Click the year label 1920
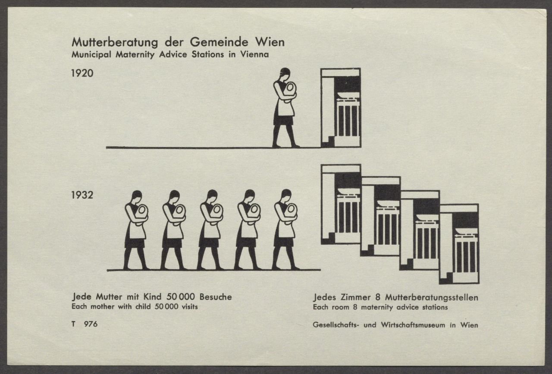coord(82,73)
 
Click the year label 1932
coord(82,195)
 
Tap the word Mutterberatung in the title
coord(115,42)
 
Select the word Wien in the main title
coord(270,42)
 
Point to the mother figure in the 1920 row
coord(285,108)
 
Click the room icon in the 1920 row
coord(341,108)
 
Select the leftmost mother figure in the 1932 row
coord(136,230)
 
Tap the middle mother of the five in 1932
coord(211,230)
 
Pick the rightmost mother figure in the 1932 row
coord(286,229)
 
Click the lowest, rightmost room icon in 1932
coord(459,244)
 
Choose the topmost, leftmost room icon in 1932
coord(341,204)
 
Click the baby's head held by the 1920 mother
coord(290,87)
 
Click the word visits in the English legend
coord(189,307)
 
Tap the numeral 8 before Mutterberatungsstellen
coord(378,297)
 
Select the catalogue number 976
coord(91,324)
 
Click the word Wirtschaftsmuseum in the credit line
coord(413,325)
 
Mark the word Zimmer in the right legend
coord(355,297)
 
